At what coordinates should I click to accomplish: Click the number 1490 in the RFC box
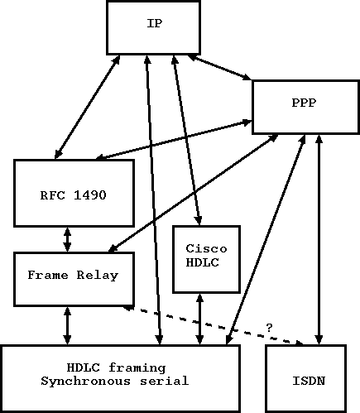point(91,194)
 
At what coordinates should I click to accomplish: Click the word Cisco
point(205,248)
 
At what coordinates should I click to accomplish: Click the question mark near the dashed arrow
point(269,327)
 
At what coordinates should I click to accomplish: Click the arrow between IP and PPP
point(219,68)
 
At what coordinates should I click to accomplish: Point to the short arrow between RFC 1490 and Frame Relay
point(67,239)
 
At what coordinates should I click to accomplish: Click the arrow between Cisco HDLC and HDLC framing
point(199,319)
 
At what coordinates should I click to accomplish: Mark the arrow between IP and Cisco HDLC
point(186,141)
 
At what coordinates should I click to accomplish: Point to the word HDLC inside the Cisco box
point(205,262)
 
